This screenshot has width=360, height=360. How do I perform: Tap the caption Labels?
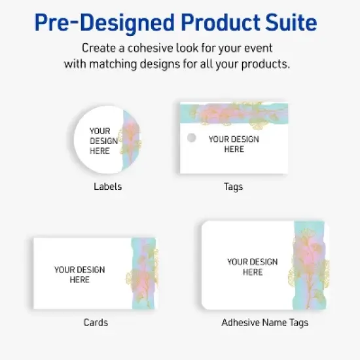[x=107, y=187]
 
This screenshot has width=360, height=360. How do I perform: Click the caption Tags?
[x=233, y=187]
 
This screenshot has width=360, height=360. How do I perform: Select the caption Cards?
[x=96, y=323]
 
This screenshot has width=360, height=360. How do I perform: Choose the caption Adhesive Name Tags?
[x=264, y=323]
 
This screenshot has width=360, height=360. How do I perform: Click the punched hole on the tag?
[x=192, y=138]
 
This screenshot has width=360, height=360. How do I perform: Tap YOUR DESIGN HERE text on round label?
[x=103, y=141]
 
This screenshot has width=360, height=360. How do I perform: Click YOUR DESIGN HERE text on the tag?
[x=234, y=144]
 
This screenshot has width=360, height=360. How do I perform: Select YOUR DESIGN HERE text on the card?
[x=79, y=274]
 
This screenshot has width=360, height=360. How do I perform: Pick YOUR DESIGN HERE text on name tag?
[x=252, y=266]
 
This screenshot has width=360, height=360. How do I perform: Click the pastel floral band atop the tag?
[x=234, y=113]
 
